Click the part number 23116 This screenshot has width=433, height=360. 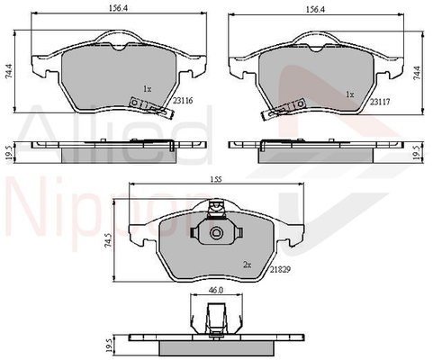coord(183,101)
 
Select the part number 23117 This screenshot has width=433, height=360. coord(380,102)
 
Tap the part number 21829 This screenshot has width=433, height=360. coord(280,269)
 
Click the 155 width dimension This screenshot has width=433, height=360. coord(215,179)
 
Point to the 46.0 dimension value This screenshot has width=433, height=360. coord(216,290)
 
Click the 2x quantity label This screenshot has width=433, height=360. coord(248,265)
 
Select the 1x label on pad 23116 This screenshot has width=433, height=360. coord(148,89)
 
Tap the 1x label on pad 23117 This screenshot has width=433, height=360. coord(350,94)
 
